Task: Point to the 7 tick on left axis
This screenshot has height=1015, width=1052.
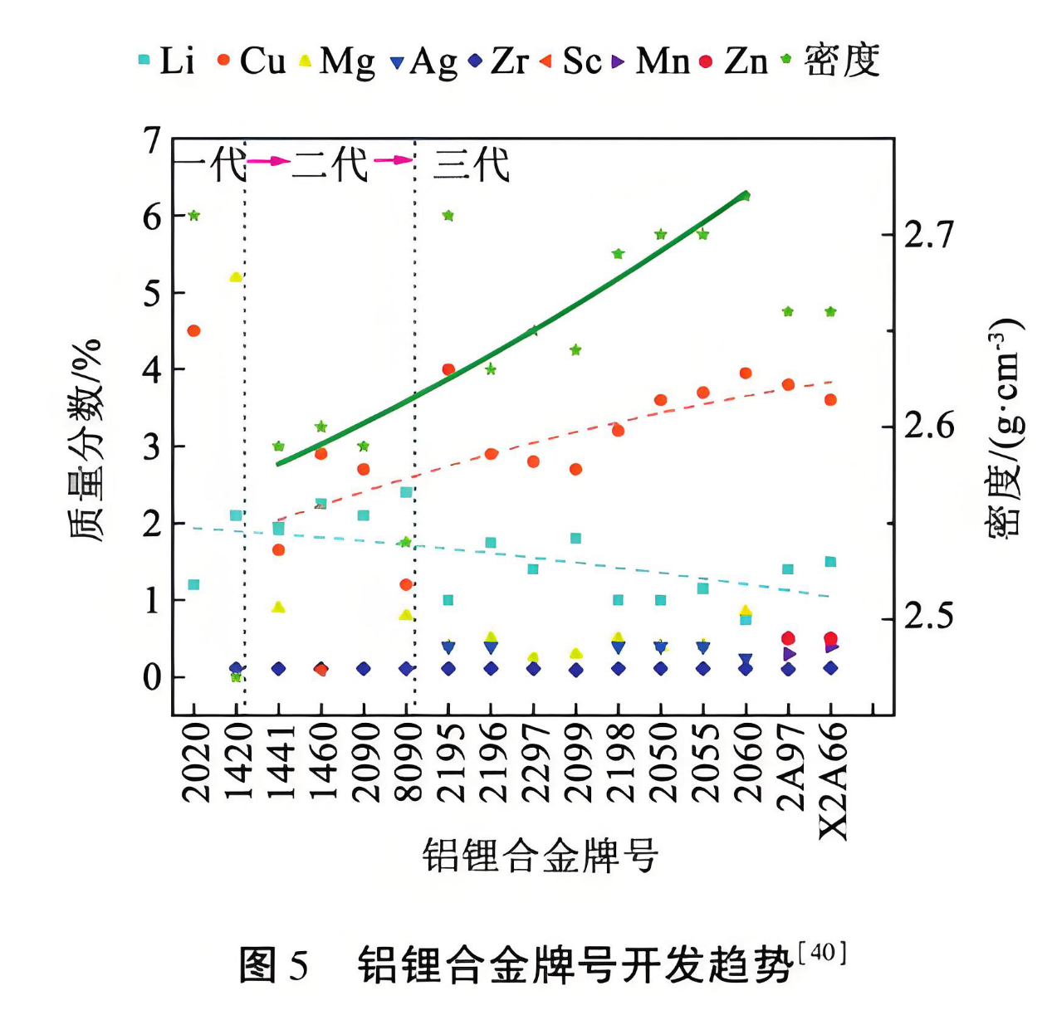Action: (x=152, y=141)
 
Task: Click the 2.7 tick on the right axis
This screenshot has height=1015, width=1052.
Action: (x=929, y=235)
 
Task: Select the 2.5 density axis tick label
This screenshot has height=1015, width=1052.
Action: (x=929, y=617)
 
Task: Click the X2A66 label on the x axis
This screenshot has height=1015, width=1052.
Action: (x=833, y=780)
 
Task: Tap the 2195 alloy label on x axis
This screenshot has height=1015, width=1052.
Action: (x=450, y=762)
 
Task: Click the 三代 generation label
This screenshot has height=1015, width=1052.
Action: (x=471, y=164)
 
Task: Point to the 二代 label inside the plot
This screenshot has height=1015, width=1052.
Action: (x=330, y=164)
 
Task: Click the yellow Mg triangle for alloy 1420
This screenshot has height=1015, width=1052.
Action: (x=236, y=276)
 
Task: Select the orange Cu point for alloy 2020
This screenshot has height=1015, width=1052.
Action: (x=194, y=330)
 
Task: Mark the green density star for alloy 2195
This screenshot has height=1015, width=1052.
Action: (x=448, y=216)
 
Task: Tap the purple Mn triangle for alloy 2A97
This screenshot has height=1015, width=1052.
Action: (x=789, y=654)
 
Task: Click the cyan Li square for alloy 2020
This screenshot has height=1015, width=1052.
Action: (x=193, y=584)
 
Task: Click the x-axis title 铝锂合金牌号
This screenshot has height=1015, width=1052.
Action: (x=541, y=855)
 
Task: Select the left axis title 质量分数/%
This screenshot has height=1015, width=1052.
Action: (x=86, y=440)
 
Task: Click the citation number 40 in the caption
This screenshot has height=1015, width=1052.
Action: (x=822, y=952)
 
